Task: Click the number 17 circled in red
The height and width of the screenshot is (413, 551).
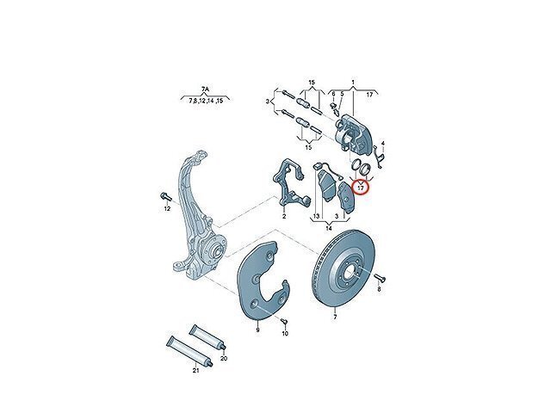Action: tap(361, 188)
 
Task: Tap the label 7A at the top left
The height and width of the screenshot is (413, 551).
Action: tap(205, 90)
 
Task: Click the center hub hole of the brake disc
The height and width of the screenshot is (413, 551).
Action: tap(351, 274)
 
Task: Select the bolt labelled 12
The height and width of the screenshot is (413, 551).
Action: tap(165, 197)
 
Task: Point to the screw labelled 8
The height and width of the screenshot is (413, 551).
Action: tap(379, 279)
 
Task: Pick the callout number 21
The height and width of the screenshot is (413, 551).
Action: tap(195, 371)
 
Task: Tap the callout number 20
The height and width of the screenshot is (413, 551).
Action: tap(224, 359)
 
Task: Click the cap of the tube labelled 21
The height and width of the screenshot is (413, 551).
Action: tap(209, 363)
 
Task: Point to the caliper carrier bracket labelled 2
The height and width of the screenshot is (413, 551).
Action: tap(289, 186)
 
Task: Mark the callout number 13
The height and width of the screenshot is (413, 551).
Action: tap(316, 216)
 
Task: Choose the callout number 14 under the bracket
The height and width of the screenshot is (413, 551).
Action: tap(328, 228)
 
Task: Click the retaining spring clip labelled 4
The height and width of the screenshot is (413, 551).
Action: tap(379, 157)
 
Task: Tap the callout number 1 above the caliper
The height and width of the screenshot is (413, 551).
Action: tap(353, 83)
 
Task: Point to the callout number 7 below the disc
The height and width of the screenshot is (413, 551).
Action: tap(335, 317)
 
